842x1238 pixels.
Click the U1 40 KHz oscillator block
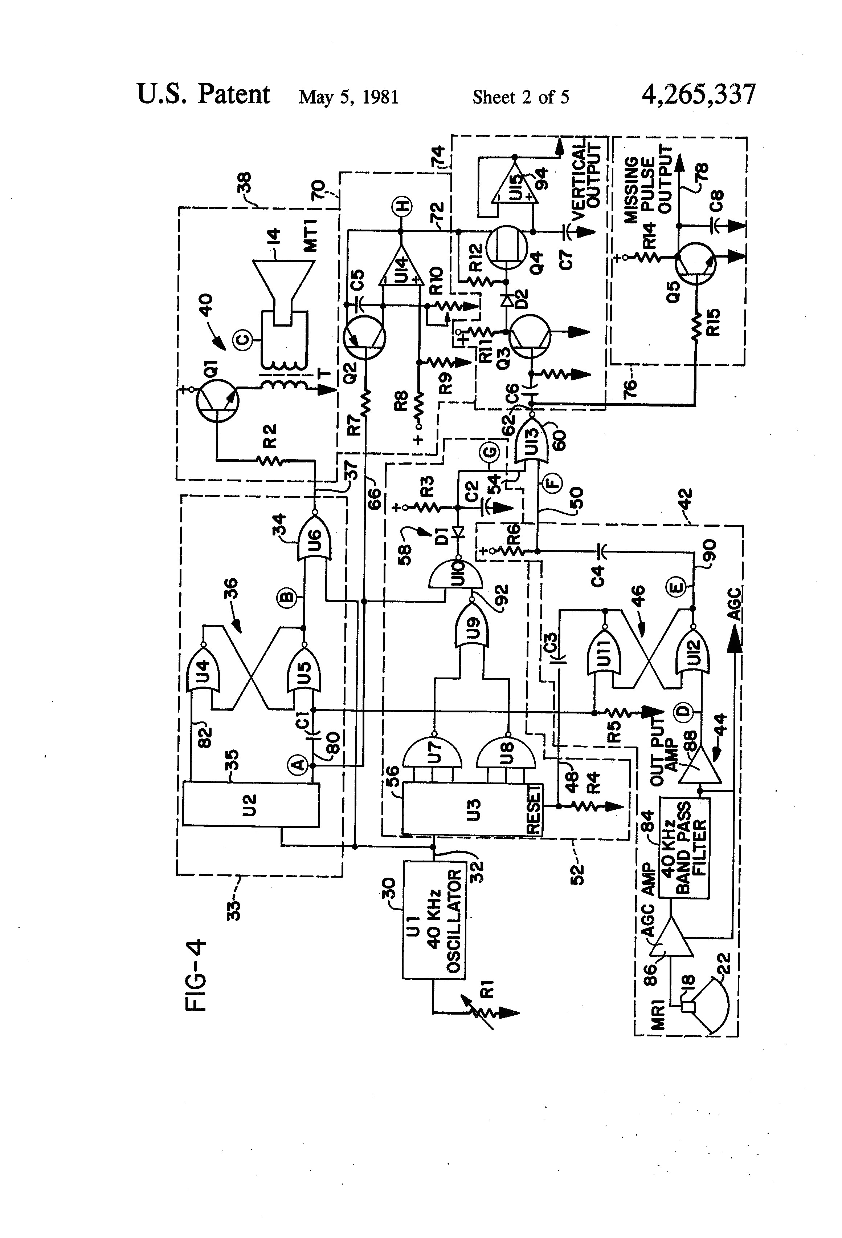tap(433, 919)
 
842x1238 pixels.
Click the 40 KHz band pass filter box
tap(684, 847)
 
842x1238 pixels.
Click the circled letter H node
tap(400, 205)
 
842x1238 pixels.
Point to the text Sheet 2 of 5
tap(520, 97)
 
